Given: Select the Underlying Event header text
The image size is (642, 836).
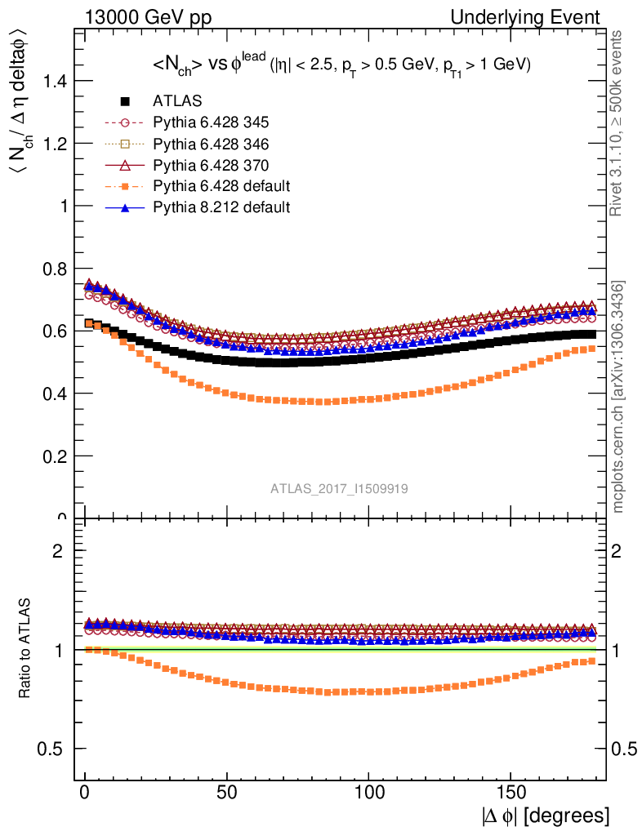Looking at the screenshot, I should coord(540,17).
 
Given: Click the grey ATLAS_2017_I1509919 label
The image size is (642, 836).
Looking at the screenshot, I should coord(340,488).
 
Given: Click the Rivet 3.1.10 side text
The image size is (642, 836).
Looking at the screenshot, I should coord(617,122).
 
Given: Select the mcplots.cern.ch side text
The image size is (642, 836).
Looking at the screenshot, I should coord(618,396).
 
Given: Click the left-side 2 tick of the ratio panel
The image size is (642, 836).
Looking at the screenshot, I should coord(58,550).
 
